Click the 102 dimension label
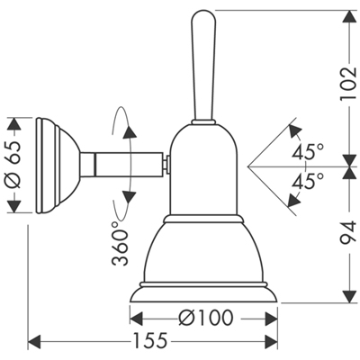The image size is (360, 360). click(348, 83)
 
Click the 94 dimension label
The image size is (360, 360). click(348, 232)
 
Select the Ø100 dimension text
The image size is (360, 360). click(205, 318)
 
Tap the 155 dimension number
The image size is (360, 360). click(150, 341)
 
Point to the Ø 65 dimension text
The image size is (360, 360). click(14, 165)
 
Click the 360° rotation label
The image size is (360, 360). click(120, 244)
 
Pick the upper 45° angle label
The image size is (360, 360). click(308, 151)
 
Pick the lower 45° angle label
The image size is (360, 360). click(308, 181)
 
